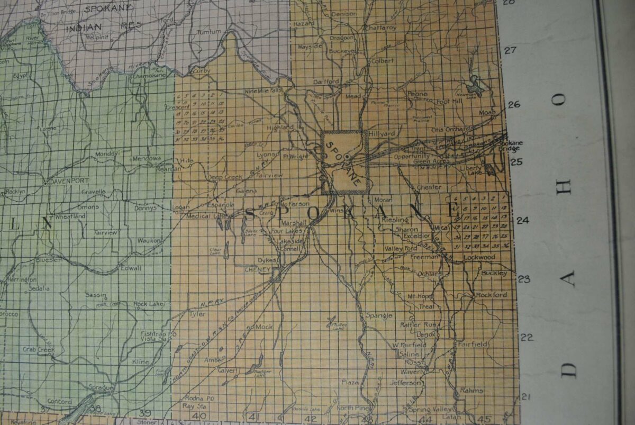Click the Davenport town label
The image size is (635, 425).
click(x=68, y=180)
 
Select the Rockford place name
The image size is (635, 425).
click(x=492, y=295)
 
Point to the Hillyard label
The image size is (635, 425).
click(x=383, y=134)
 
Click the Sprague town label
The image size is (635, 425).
click(x=102, y=388)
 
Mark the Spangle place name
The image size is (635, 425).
click(x=379, y=315)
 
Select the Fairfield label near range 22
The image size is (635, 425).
click(x=473, y=343)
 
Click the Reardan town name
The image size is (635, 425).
click(x=169, y=168)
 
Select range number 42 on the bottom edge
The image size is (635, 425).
click(x=312, y=419)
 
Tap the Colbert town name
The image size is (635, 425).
click(x=383, y=61)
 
